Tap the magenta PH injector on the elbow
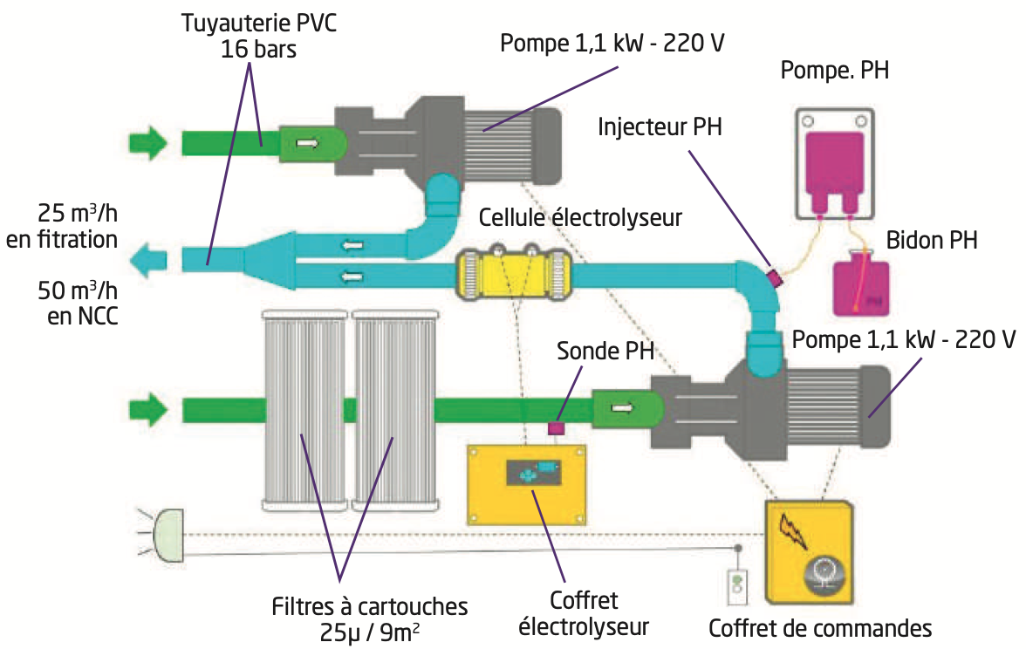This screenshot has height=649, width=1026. coord(772,279)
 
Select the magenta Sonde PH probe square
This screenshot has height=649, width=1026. coord(555,428)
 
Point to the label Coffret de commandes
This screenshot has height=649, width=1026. coord(820,627)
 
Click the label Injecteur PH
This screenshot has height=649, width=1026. coord(660,126)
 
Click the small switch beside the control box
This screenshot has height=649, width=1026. coord(738,585)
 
